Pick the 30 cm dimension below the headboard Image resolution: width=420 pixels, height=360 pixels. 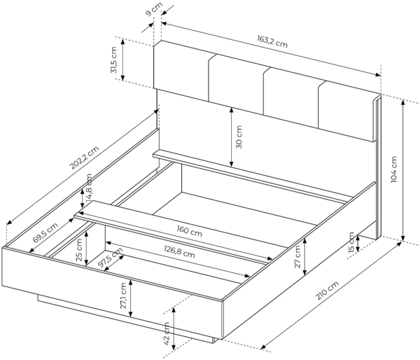(x=239, y=137)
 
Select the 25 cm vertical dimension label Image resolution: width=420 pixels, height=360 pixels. (x=78, y=248)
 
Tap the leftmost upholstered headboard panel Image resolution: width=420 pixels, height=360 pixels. (x=182, y=70)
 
